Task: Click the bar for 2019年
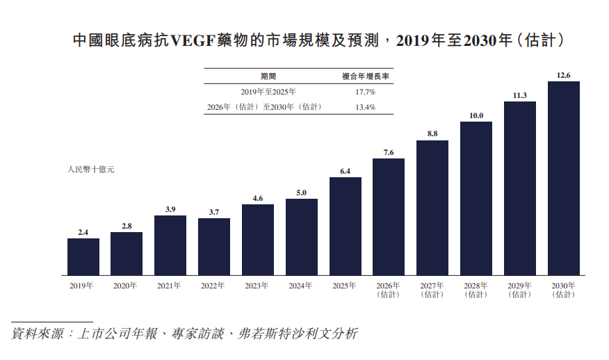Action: tap(83, 256)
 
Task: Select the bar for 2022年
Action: tap(214, 247)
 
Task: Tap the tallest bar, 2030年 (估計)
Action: tap(564, 178)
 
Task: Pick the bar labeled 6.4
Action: tap(346, 227)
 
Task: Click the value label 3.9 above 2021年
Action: tap(170, 209)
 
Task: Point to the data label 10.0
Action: tap(476, 115)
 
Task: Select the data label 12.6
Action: tap(564, 75)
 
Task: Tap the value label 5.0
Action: tap(302, 193)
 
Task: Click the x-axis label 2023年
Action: tap(257, 286)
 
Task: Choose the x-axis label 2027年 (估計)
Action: tap(432, 290)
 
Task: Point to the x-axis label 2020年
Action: tap(125, 286)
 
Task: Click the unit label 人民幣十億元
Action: tap(91, 170)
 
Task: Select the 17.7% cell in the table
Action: tap(366, 92)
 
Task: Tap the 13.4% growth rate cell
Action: tap(366, 107)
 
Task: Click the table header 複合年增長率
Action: tap(366, 76)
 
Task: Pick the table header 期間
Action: tap(268, 76)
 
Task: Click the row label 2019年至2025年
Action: tap(268, 92)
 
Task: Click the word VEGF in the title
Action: tap(193, 40)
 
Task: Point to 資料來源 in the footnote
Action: tap(38, 334)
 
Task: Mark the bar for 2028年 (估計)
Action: tap(476, 199)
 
